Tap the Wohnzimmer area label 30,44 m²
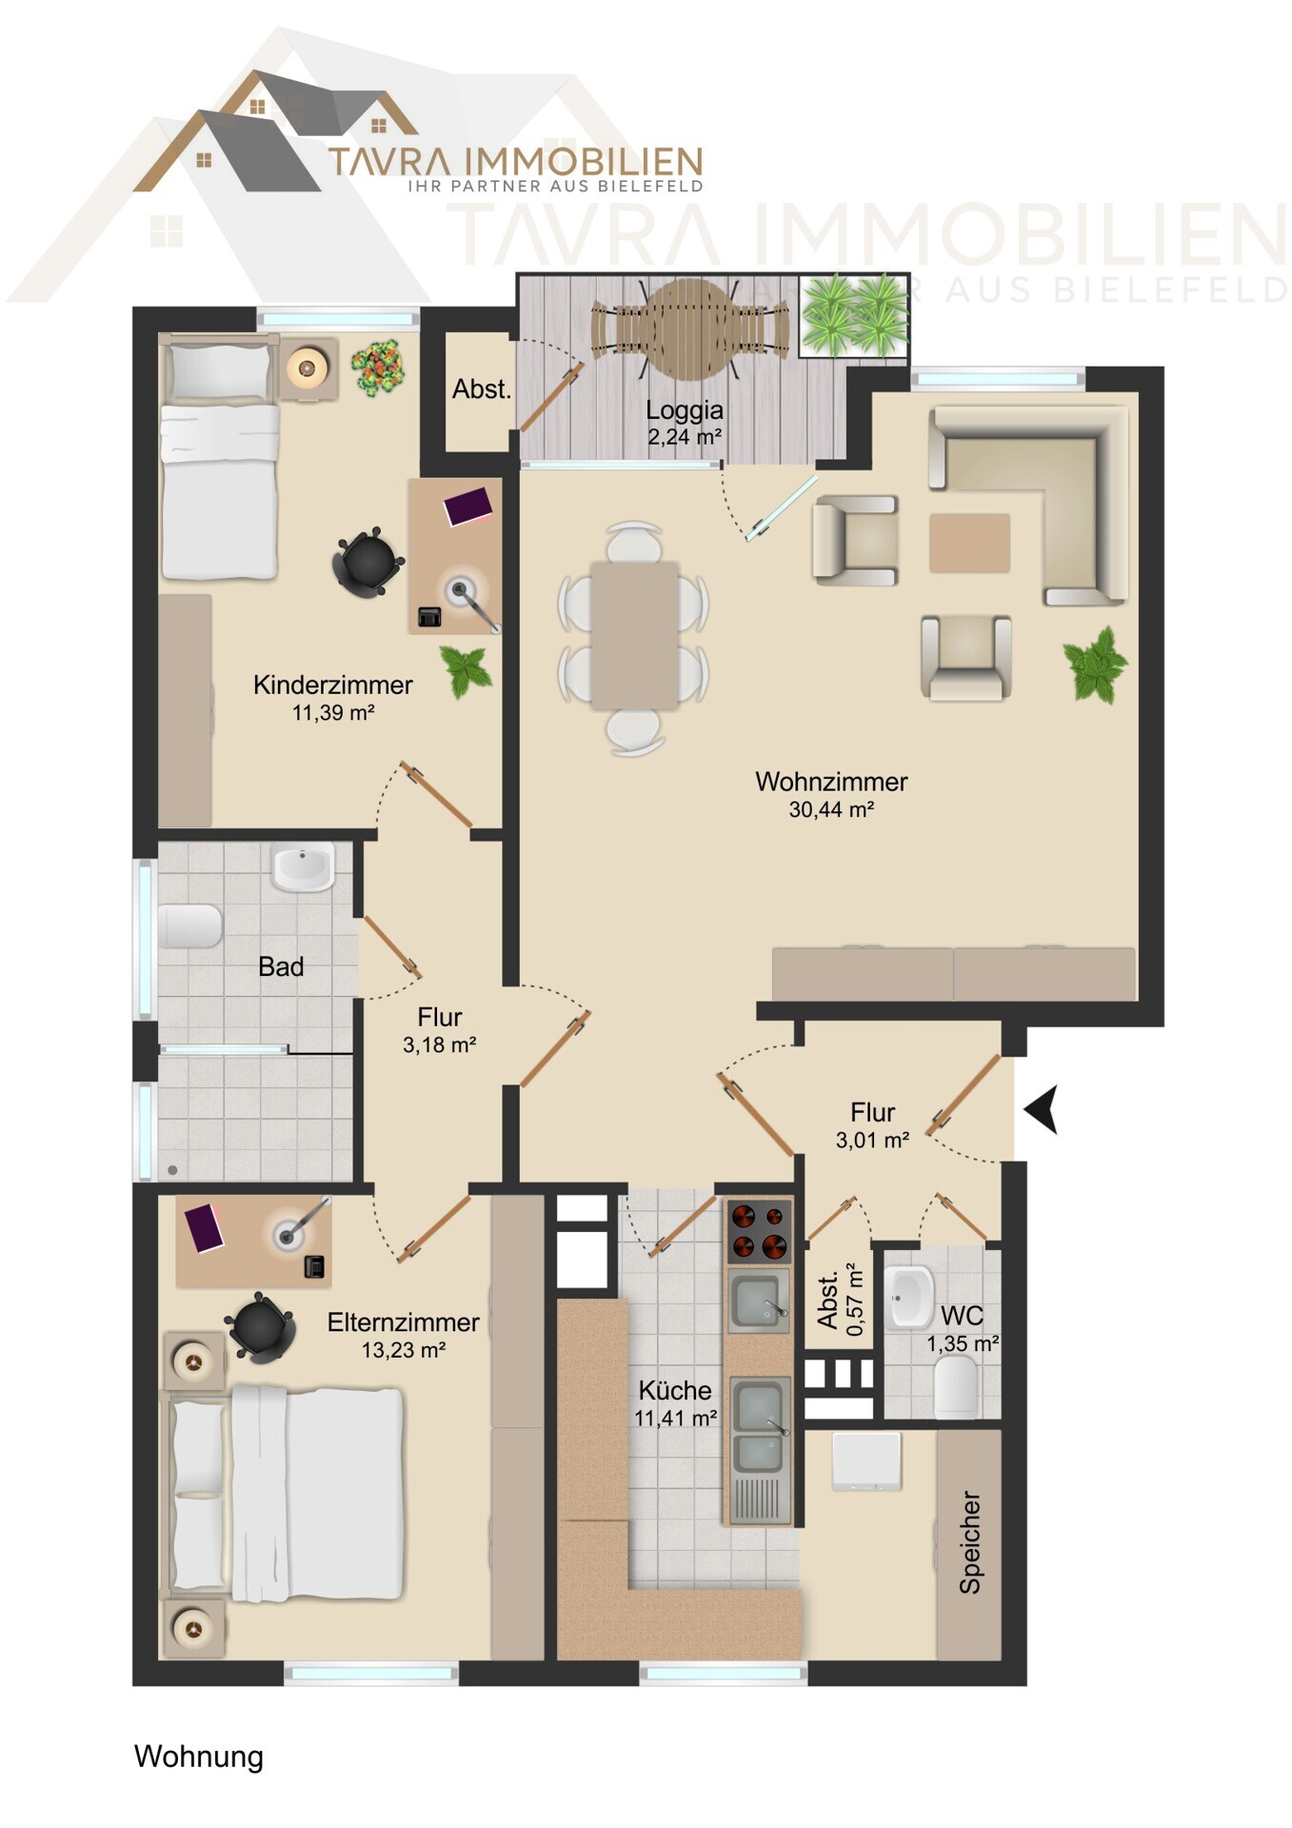831,809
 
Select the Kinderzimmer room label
332,685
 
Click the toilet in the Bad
190,925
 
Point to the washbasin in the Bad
304,867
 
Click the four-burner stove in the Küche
760,1230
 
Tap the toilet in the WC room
957,1386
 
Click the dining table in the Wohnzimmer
635,634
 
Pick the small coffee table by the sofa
969,543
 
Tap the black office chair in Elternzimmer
258,1326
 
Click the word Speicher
969,1542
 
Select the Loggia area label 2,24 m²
685,437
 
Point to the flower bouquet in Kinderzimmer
378,367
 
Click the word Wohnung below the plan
199,1757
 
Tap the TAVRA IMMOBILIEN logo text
515,162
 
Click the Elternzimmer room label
403,1322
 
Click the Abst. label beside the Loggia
482,389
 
